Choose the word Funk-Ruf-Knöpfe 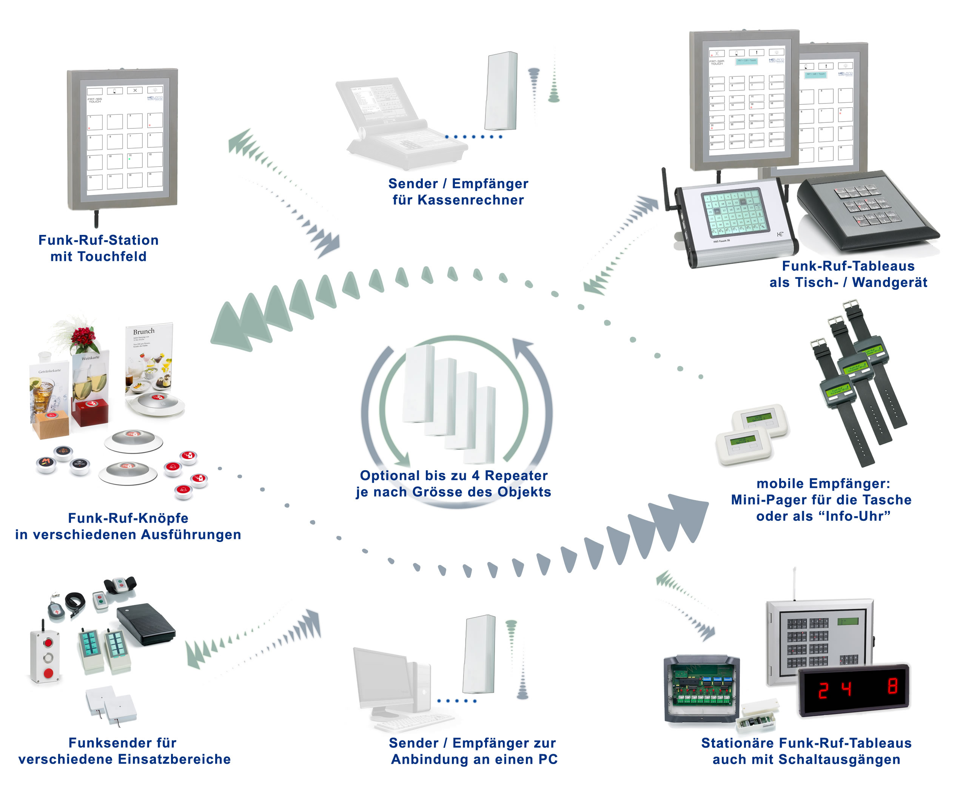128,518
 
